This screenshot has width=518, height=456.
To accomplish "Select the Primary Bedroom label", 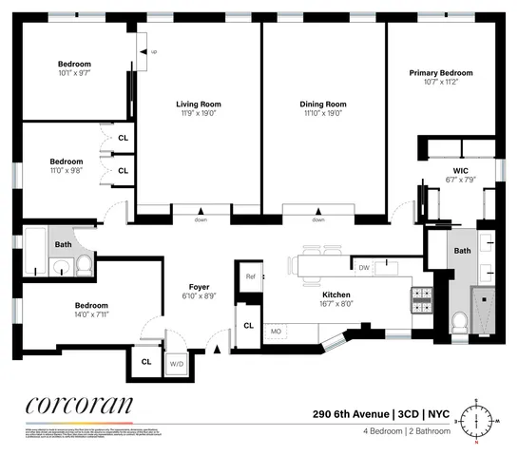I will click(440, 73).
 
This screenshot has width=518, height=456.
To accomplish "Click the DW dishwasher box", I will click(364, 268).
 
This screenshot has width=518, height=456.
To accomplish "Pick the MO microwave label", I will click(276, 331).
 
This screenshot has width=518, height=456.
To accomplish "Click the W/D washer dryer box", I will click(177, 363).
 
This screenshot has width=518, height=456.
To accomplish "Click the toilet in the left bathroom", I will click(83, 265).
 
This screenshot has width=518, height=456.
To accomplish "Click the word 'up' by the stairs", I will click(154, 52).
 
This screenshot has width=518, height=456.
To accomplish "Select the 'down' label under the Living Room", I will click(201, 219).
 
